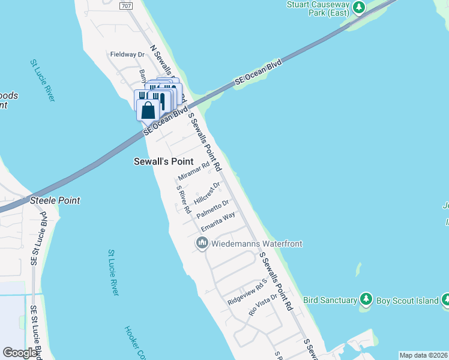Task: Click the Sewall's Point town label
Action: pos(163,162)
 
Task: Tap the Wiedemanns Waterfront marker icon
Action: pos(202,244)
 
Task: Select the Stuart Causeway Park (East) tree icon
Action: pos(359,7)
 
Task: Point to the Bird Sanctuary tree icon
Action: pos(366,299)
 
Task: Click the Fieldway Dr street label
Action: pos(128,54)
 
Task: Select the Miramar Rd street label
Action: pos(194,172)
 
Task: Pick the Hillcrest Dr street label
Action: pos(208,193)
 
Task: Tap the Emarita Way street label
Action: pos(218,221)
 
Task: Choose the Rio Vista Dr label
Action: pos(264,305)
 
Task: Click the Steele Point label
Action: pos(55,200)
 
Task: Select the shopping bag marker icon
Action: pos(148,111)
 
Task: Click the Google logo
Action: pos(20,353)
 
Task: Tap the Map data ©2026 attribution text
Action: pos(423,355)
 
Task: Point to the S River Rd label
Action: pos(183,199)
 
